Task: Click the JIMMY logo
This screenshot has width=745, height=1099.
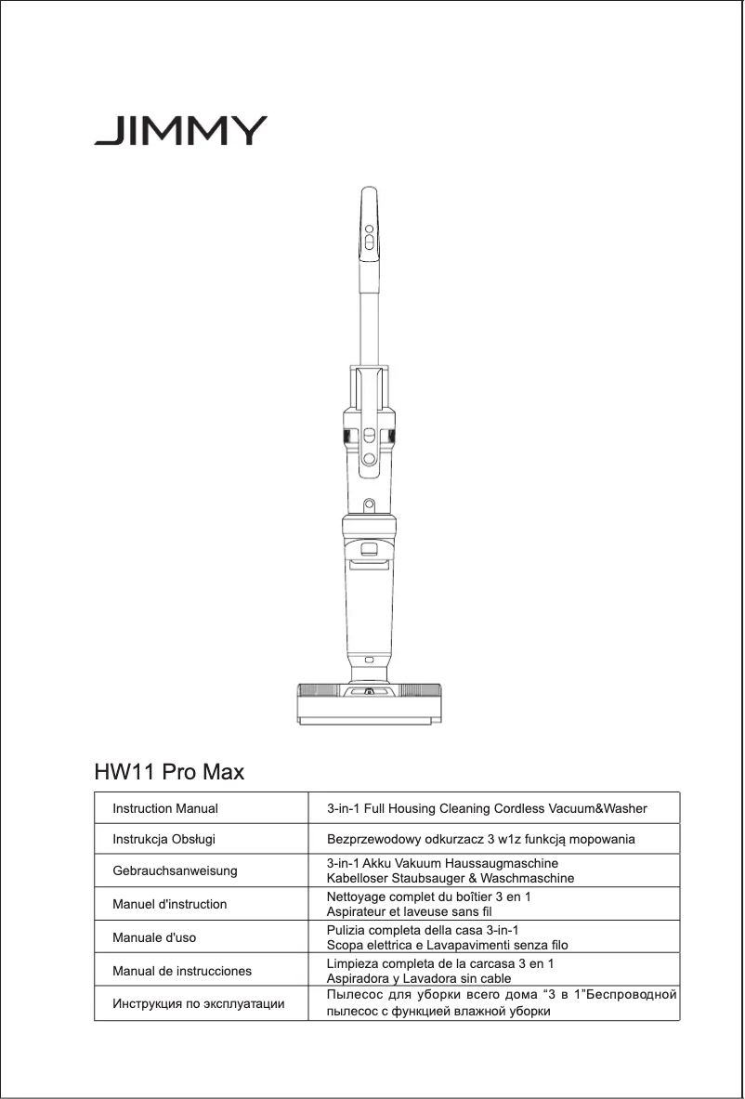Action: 180,130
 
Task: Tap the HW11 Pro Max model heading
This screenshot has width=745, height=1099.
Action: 169,772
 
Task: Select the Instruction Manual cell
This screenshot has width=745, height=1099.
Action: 165,809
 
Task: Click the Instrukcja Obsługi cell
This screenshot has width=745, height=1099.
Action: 163,840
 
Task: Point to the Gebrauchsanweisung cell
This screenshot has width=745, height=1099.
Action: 175,871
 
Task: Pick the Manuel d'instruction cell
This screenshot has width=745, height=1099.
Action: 169,903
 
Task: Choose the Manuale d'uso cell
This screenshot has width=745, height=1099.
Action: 154,937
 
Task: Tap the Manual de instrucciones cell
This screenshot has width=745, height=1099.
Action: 182,972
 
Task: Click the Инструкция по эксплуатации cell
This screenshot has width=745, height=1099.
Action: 199,1004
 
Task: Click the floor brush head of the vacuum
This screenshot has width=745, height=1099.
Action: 369,703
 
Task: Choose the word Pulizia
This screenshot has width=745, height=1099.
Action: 348,931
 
